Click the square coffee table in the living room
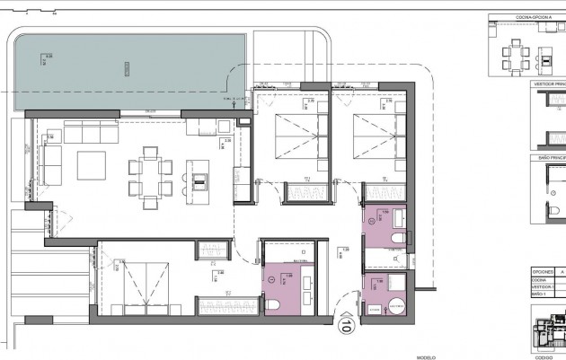(93, 167)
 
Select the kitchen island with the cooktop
(199, 173)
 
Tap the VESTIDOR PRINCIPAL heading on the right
(550, 82)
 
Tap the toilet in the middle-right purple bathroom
(399, 237)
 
